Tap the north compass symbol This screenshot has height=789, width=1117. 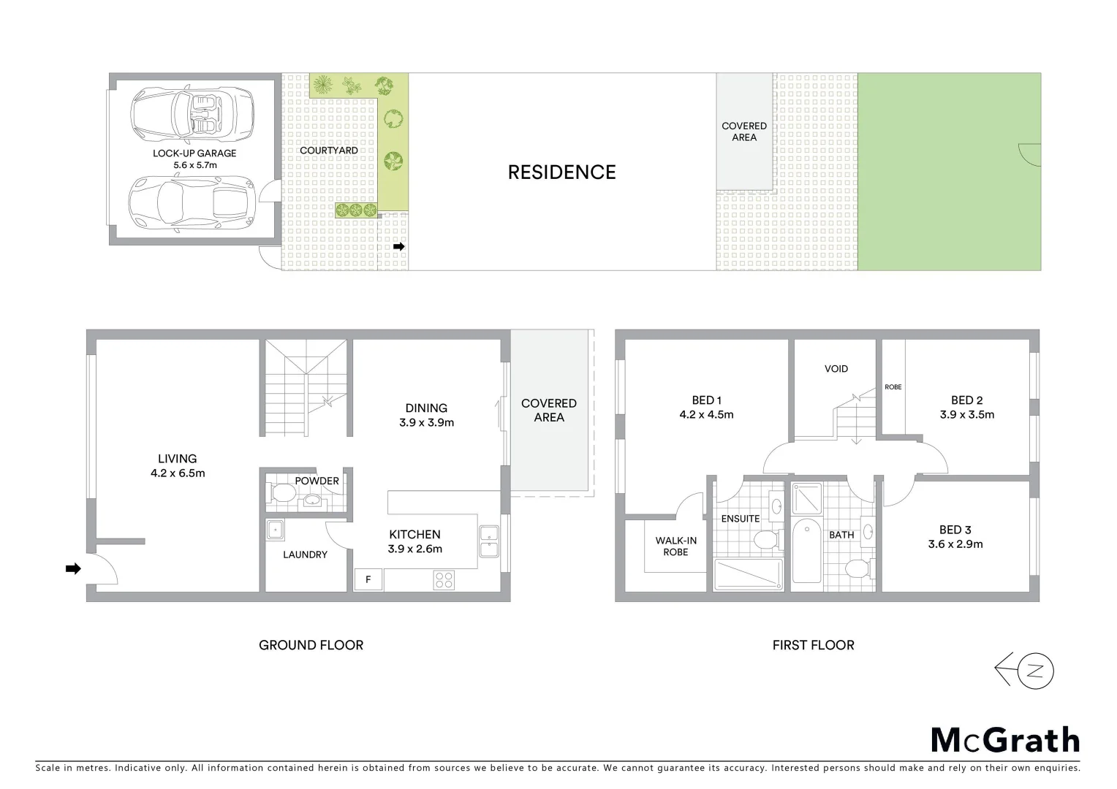(x=1025, y=670)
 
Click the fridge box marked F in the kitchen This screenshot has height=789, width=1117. (x=368, y=580)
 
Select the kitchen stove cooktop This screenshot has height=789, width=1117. (x=444, y=579)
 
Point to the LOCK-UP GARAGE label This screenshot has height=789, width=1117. (x=194, y=153)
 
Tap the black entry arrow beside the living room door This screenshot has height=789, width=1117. (x=72, y=568)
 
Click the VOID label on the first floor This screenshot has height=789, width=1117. (x=836, y=369)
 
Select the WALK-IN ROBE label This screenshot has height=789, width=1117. (x=675, y=546)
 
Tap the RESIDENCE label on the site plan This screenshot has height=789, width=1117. (x=561, y=172)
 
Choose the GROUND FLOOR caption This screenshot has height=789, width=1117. (x=311, y=645)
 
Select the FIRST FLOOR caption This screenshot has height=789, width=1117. (x=813, y=645)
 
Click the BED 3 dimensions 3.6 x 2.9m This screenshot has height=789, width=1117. (x=955, y=544)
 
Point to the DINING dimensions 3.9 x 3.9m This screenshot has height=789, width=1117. (x=426, y=422)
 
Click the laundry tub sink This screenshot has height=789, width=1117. (x=275, y=530)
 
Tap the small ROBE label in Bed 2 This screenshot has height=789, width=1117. (x=893, y=386)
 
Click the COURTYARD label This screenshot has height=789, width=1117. (x=329, y=150)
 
